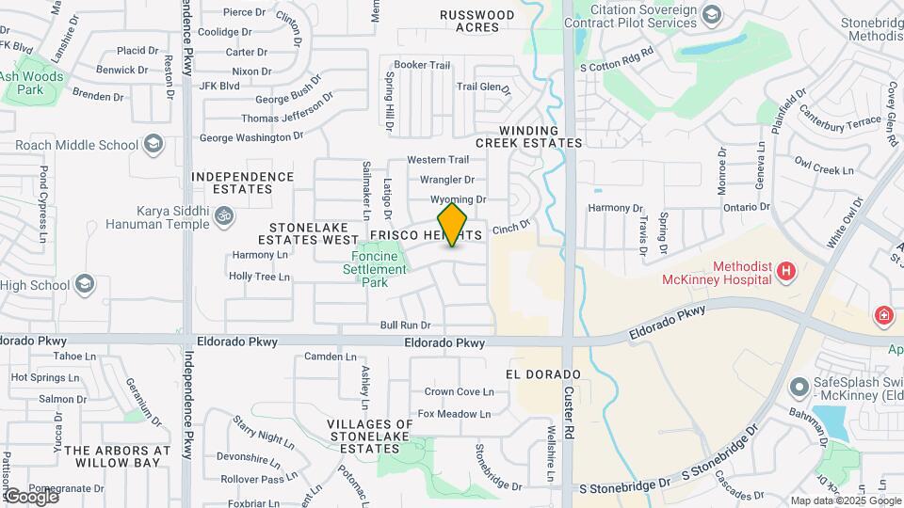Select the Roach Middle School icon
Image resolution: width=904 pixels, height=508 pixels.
(x=153, y=145)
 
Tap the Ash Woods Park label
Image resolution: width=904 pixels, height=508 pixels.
(x=32, y=83)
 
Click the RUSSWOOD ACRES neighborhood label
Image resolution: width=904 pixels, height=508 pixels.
(x=478, y=21)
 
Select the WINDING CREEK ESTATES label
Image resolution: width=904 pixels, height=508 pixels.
(x=528, y=136)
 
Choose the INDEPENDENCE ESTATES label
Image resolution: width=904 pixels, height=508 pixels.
(x=243, y=183)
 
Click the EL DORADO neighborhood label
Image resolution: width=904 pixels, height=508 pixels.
(x=548, y=374)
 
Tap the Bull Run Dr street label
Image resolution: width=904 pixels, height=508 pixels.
(x=405, y=325)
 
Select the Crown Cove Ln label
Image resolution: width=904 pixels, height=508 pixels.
(x=459, y=391)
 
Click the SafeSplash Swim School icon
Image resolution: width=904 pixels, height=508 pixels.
(x=799, y=387)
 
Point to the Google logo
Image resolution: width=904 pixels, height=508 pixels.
(x=30, y=495)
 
